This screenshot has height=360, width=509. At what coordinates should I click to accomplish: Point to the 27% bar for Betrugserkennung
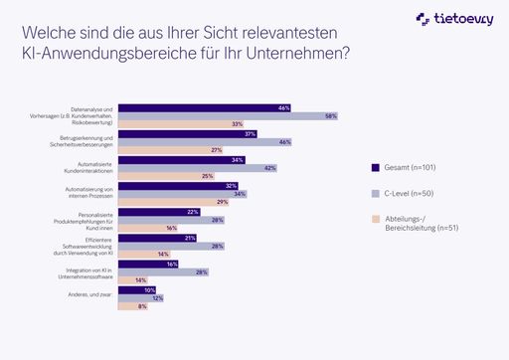(173, 150)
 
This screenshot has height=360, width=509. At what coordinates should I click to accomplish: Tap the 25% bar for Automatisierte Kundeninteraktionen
(170, 176)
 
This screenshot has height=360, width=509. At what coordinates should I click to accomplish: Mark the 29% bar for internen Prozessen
(176, 202)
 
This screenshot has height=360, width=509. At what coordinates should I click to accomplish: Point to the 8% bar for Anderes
(132, 306)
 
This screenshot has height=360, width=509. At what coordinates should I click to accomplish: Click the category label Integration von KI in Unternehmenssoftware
(89, 271)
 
